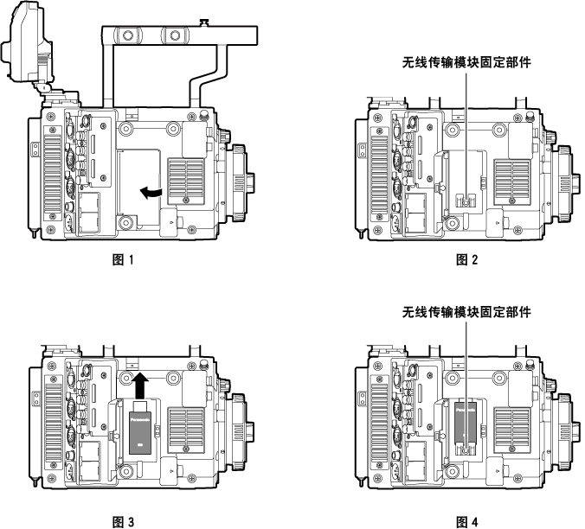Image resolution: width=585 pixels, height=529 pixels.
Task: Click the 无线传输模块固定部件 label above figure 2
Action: click(466, 62)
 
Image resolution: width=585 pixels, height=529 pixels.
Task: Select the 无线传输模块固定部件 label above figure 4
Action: click(466, 311)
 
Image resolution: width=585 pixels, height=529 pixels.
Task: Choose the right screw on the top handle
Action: click(176, 35)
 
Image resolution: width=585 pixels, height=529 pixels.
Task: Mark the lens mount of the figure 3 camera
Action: click(243, 430)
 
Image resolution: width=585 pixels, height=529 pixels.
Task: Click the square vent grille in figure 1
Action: click(187, 178)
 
